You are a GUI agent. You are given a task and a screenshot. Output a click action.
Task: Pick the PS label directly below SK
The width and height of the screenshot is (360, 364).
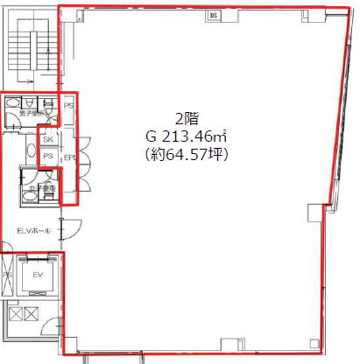coord(49,157)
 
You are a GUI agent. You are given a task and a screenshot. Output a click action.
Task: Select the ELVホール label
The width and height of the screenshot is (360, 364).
coord(33,230)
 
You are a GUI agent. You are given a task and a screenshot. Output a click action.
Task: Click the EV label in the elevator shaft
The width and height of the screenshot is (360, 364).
coord(37,275)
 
